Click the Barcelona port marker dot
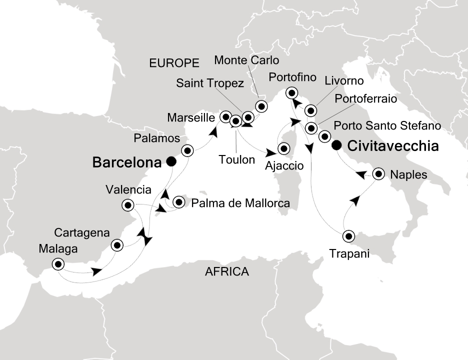(171, 161)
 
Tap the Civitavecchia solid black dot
(337, 145)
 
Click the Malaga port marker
(58, 264)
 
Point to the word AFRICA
(226, 272)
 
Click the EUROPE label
(174, 63)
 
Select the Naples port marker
(378, 174)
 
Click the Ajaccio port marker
(284, 148)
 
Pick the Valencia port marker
(128, 205)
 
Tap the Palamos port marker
(187, 150)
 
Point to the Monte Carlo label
(246, 60)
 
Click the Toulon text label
(236, 160)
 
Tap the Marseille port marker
(225, 115)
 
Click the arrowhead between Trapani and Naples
(354, 200)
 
